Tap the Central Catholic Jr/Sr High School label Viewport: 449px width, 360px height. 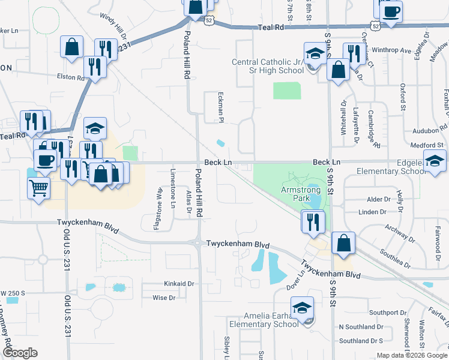point(268,66)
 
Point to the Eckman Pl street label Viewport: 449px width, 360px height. point(220,108)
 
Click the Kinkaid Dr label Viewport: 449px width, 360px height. point(179,283)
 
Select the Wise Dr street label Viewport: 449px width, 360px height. point(164,298)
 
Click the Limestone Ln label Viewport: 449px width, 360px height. point(173,188)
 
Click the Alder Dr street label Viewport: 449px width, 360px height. point(378,199)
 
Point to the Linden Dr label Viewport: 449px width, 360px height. point(373,212)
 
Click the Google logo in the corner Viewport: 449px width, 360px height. point(20,353)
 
